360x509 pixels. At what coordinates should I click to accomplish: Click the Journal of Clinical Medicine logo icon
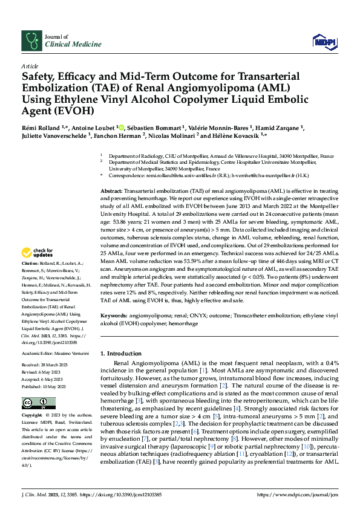pos(31,41)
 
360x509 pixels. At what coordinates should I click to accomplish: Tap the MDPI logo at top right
pos(323,41)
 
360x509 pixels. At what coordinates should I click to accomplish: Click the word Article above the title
pos(30,66)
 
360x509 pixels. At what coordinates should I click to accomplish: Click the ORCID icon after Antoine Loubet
pos(121,128)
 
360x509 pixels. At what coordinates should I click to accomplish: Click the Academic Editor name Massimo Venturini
pos(73,353)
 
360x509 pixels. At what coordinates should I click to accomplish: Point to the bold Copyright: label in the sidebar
pos(33,416)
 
